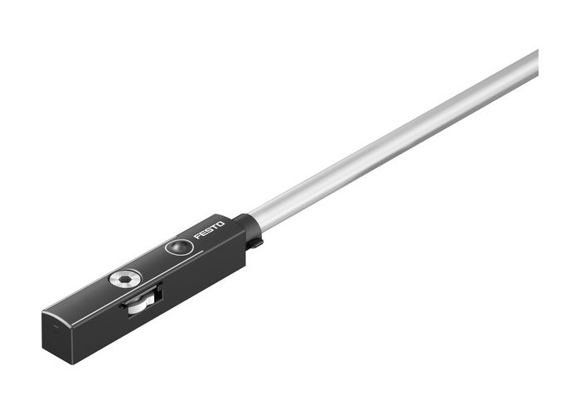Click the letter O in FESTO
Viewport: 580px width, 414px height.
point(220,224)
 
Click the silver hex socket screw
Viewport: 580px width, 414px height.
point(123,280)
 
